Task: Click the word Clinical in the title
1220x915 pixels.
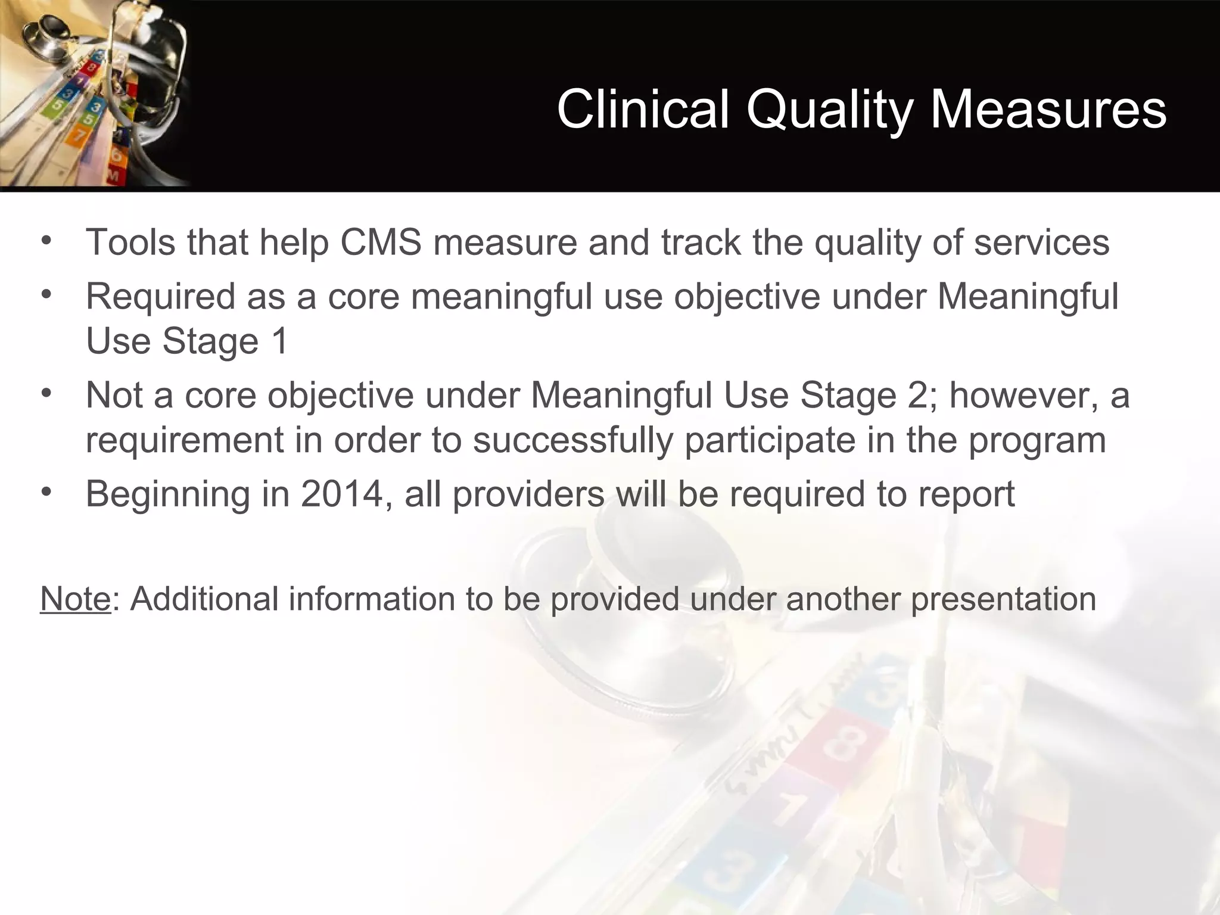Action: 643,109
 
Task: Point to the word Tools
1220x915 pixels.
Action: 130,242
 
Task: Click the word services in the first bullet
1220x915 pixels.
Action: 1041,242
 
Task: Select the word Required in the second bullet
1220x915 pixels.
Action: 160,296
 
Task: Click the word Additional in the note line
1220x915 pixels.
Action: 204,599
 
